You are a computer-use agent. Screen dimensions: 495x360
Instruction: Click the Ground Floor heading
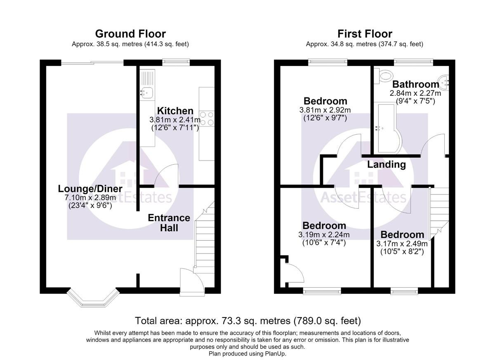130,34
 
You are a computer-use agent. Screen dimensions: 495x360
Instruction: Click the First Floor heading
365,34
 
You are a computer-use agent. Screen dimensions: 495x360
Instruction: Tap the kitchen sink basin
147,92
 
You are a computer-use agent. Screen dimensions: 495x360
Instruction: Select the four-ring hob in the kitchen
207,118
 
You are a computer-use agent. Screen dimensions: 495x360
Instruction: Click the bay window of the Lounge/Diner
93,297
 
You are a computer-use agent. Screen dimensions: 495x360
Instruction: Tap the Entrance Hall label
169,223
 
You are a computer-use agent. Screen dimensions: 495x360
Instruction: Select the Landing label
387,165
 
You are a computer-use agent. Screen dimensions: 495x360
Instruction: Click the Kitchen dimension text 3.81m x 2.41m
175,120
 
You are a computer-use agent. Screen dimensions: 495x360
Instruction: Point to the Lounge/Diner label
90,189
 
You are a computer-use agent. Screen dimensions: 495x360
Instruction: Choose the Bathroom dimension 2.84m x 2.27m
415,93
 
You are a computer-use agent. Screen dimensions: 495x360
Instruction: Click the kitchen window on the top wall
176,62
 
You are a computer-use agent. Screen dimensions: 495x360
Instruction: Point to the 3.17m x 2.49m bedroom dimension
402,244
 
